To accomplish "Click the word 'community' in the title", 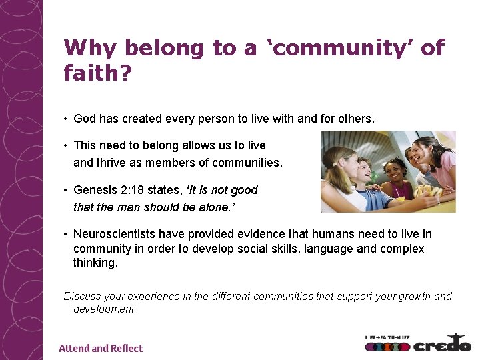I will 337,48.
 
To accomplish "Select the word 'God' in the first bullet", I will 85,119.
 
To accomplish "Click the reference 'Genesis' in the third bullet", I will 96,190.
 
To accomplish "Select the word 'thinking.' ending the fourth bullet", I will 95,263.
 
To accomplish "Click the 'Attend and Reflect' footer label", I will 101,348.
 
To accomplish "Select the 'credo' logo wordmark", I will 442,345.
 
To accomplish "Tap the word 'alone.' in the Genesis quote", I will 218,207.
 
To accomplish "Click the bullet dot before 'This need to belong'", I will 66,145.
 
